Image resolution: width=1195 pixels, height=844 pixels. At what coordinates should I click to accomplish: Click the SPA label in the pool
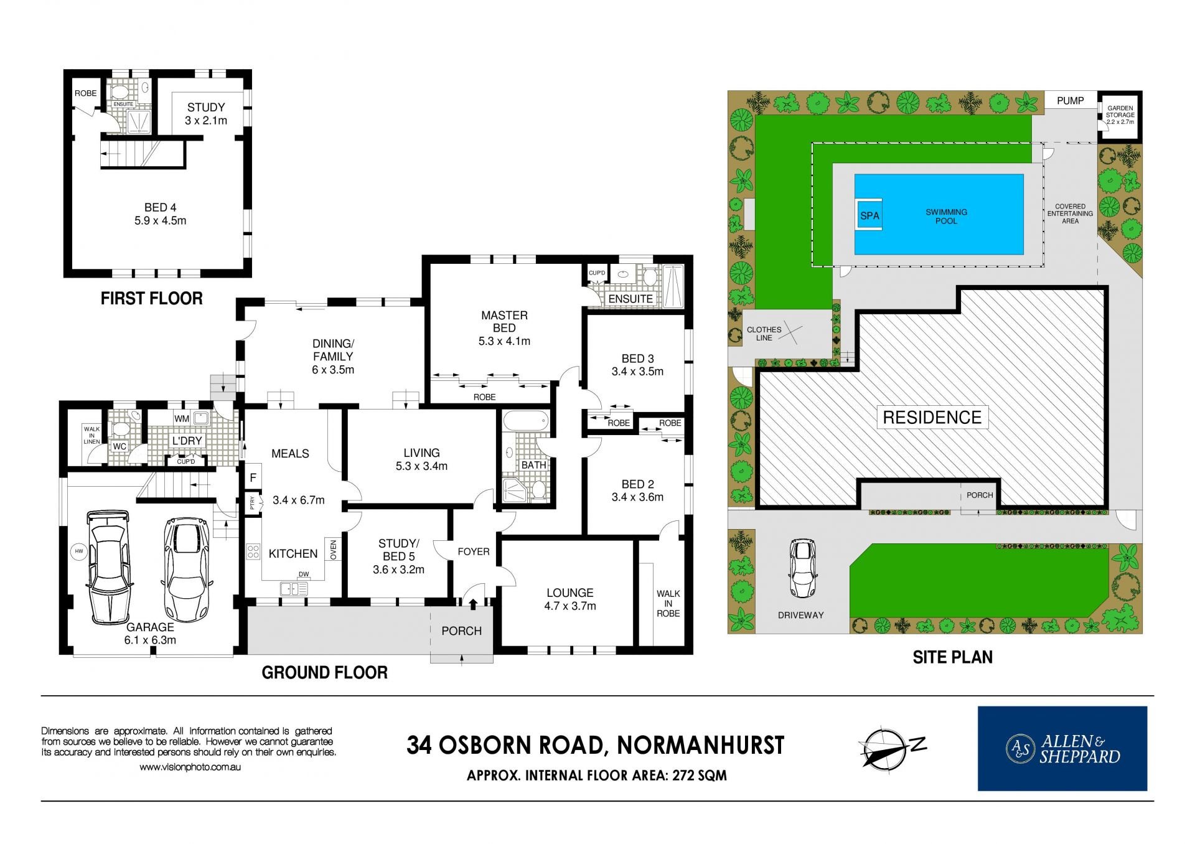869,216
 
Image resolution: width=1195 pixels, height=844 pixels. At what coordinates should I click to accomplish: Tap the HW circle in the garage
79,551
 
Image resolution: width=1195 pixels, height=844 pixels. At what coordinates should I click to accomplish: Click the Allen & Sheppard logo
1062,748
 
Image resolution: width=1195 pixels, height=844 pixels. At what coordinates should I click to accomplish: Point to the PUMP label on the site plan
1070,101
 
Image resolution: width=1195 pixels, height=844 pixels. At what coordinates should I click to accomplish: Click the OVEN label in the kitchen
333,550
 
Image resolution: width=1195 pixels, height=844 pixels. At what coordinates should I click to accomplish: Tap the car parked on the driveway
802,568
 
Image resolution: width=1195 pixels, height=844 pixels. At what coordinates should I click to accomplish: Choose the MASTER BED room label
504,321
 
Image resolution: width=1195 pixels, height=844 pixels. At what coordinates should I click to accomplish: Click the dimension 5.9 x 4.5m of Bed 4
160,221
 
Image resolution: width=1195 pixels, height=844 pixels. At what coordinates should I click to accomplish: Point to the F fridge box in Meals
253,478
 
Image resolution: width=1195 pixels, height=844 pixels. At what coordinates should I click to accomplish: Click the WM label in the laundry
182,419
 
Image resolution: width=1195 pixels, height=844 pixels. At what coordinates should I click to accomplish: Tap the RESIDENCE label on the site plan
932,418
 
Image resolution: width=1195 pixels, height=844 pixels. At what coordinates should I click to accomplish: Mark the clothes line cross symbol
790,331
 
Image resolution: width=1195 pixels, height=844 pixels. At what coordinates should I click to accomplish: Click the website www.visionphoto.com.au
190,767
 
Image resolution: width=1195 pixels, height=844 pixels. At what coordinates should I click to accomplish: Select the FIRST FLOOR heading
152,299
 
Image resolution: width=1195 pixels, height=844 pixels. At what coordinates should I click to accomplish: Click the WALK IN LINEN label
91,435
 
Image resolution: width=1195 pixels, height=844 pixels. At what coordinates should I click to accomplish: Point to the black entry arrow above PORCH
472,604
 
